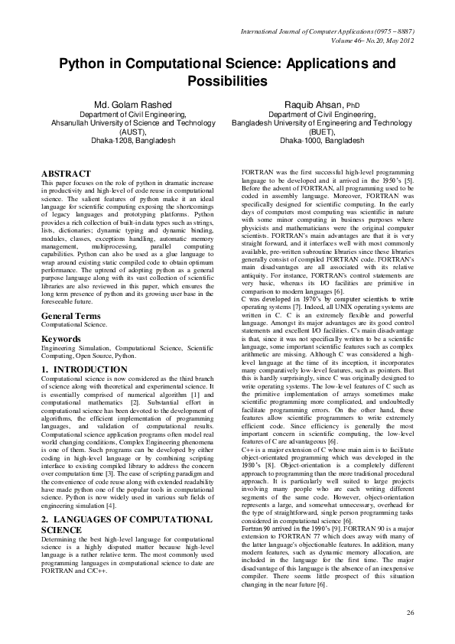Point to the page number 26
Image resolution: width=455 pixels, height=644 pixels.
click(410, 613)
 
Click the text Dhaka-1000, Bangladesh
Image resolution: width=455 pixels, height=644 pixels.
click(321, 141)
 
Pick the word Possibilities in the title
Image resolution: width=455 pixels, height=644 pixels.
click(228, 81)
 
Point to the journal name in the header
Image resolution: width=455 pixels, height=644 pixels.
click(327, 33)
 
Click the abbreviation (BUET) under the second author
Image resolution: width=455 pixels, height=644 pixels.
click(321, 132)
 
